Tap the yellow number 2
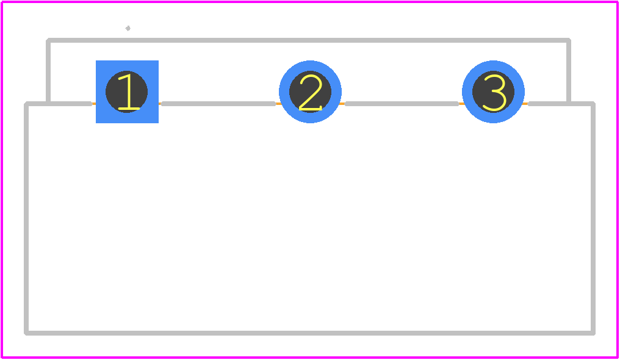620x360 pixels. (x=311, y=92)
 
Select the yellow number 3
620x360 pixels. (x=494, y=92)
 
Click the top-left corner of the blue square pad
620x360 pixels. (x=96, y=60)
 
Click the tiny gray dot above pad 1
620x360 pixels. (x=128, y=28)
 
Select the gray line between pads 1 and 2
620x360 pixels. (x=218, y=104)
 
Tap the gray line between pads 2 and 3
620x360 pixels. (x=402, y=104)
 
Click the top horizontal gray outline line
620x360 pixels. (x=308, y=40)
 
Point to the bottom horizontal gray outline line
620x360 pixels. (x=309, y=333)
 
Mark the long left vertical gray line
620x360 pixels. (x=26, y=218)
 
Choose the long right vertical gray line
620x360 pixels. (x=593, y=218)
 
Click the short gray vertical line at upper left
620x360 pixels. (x=48, y=71)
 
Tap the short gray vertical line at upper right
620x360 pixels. (x=569, y=71)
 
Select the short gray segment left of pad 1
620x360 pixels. (x=59, y=104)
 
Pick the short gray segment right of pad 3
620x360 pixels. (x=561, y=104)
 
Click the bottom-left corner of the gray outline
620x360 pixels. (x=26, y=333)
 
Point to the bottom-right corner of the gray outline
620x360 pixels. (x=593, y=333)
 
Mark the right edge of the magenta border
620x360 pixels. (x=618, y=180)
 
